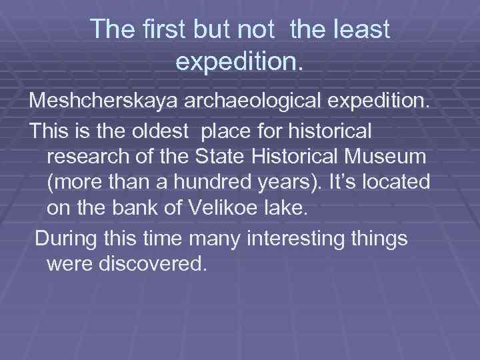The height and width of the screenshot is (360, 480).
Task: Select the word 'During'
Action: pyautogui.click(x=67, y=237)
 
